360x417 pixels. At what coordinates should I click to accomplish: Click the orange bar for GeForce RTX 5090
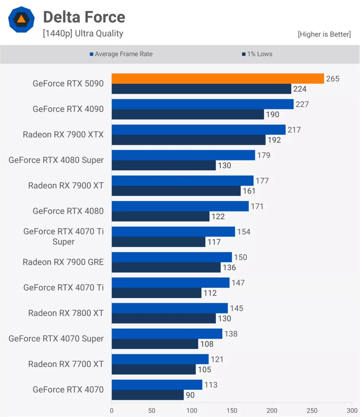point(217,79)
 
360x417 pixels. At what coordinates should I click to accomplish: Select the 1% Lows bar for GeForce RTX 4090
point(188,114)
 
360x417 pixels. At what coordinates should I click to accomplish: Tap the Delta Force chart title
point(84,17)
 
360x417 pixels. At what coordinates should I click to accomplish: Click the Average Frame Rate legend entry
point(121,54)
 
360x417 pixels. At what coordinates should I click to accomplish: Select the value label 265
point(333,79)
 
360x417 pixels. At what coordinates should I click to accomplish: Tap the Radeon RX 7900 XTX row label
point(63,134)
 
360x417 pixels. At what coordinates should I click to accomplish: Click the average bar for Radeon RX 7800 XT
point(169,308)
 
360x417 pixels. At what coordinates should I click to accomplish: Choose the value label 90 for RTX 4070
point(190,395)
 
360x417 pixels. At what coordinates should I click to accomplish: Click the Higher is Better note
point(324,34)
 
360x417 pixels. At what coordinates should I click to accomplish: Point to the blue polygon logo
point(22,20)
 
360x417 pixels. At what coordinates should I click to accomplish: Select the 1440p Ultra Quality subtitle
point(83,33)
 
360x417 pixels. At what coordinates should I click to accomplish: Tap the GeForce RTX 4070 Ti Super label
point(64,237)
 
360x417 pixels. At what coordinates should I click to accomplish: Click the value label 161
point(249,191)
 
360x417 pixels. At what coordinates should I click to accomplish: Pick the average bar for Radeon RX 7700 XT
point(160,359)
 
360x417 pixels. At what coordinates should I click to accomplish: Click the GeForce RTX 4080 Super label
point(56,160)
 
